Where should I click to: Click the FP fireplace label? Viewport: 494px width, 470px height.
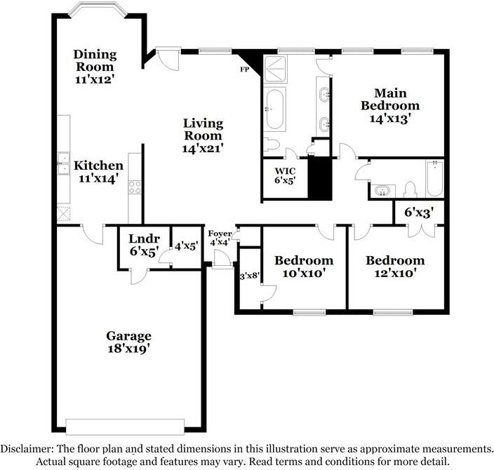tap(244, 69)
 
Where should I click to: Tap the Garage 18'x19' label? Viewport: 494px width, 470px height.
tap(128, 342)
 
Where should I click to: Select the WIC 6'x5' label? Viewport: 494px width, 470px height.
tap(285, 176)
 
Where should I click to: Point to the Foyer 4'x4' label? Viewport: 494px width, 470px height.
tap(220, 238)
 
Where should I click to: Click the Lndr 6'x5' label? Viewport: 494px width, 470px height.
tap(144, 245)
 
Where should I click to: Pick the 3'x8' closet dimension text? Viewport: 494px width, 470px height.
tap(250, 276)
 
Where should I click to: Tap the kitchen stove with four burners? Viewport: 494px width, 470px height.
tap(135, 187)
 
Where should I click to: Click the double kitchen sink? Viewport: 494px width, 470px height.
tap(63, 163)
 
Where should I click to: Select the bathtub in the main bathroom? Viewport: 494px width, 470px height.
tap(274, 109)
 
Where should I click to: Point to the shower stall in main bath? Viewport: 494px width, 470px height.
tap(275, 69)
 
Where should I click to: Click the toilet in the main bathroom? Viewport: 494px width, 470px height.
tap(272, 145)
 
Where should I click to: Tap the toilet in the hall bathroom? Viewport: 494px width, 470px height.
tap(410, 189)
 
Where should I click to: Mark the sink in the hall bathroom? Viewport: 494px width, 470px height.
tap(382, 191)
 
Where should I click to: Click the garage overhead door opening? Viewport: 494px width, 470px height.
tap(125, 427)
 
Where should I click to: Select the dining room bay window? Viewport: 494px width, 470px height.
tap(98, 9)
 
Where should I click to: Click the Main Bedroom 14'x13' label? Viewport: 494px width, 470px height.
tap(390, 106)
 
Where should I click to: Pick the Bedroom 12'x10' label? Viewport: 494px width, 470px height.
tap(395, 267)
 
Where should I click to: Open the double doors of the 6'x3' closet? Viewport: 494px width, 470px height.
tap(422, 231)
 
